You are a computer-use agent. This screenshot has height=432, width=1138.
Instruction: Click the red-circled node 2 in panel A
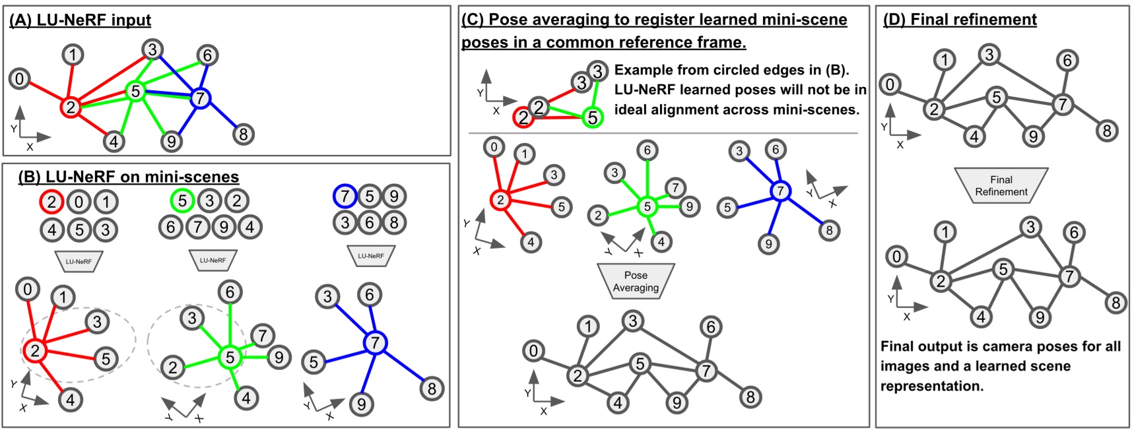71,107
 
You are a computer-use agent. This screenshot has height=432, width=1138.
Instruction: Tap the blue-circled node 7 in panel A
200,99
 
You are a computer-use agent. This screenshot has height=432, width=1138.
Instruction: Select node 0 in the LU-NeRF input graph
19,79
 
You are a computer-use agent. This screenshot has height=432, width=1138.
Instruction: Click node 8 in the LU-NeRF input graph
243,135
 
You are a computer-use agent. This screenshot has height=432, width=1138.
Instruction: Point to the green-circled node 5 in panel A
135,91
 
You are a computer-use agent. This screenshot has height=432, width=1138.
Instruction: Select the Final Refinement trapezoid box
1001,185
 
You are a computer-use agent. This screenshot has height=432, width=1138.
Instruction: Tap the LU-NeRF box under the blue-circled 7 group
370,256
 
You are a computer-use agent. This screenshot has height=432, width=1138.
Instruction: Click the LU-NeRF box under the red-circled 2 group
79,261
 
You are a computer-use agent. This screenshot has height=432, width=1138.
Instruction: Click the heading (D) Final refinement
960,20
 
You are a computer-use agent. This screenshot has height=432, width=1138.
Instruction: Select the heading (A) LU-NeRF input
80,20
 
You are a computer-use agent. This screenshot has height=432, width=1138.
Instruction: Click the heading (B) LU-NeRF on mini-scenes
128,177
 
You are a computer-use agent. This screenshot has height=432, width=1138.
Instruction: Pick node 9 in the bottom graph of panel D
1040,318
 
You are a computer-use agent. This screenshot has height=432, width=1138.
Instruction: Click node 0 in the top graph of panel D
890,84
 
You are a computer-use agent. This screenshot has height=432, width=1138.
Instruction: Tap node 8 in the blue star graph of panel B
432,388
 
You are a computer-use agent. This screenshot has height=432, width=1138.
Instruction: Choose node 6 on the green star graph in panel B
230,292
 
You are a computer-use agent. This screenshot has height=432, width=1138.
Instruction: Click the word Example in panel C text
639,70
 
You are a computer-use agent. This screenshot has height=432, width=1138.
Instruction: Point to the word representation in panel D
931,386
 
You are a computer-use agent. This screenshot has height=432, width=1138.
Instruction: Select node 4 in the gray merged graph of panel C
617,402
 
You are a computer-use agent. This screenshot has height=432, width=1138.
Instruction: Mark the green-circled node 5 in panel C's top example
592,118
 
